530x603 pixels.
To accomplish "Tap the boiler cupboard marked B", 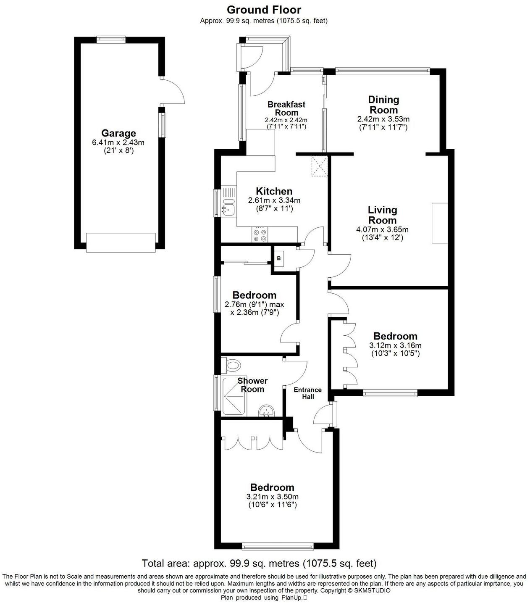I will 279,259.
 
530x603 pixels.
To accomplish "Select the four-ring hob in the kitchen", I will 260,234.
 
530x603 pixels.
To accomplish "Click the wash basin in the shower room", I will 266,411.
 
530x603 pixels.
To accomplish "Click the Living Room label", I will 382,215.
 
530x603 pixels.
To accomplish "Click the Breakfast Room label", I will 286,108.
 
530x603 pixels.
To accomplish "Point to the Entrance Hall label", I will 307,393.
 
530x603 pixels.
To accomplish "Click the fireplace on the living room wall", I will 440,223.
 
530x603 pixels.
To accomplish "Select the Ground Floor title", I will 264,10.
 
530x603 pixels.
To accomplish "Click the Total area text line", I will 259,563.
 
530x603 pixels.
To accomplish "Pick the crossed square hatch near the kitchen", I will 320,166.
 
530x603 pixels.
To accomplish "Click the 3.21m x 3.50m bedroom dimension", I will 272,497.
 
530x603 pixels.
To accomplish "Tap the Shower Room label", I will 252,385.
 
